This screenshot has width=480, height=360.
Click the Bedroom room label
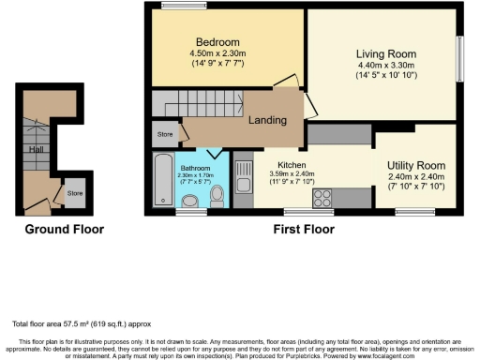tap(217, 42)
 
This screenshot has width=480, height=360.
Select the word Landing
tap(267, 120)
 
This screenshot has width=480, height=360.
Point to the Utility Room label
tap(415, 165)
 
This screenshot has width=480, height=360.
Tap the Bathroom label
tap(196, 169)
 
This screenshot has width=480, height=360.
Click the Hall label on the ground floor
tap(35, 148)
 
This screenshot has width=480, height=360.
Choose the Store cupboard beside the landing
tap(165, 135)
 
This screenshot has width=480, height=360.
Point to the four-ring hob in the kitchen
tap(324, 197)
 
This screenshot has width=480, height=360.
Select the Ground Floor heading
tap(64, 229)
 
